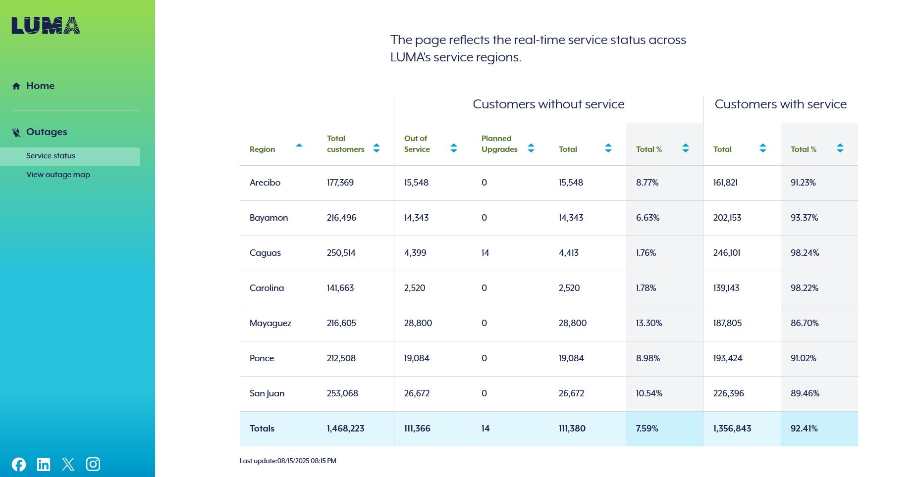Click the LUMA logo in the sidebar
point(46,26)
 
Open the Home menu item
point(40,86)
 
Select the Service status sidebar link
point(51,156)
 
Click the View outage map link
point(58,175)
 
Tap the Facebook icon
point(19,464)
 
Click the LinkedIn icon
point(44,464)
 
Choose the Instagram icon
point(93,464)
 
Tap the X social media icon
point(68,464)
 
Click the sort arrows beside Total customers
point(377,148)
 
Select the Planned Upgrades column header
point(499,144)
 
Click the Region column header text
point(262,149)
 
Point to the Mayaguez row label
point(270,323)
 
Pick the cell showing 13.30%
point(649,323)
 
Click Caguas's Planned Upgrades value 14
point(485,253)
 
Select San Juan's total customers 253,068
point(342,393)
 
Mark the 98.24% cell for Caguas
point(805,253)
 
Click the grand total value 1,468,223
point(345,429)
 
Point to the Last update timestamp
point(288,461)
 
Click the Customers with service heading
point(780,104)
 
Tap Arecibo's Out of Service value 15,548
point(416,183)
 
